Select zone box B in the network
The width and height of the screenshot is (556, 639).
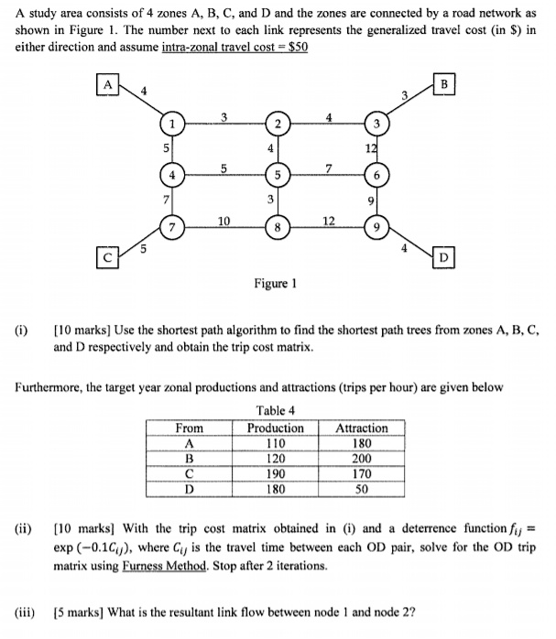[445, 85]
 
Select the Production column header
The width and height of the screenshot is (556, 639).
[276, 428]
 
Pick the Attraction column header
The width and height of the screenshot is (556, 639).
[362, 428]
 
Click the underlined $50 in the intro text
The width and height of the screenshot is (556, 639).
[294, 45]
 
